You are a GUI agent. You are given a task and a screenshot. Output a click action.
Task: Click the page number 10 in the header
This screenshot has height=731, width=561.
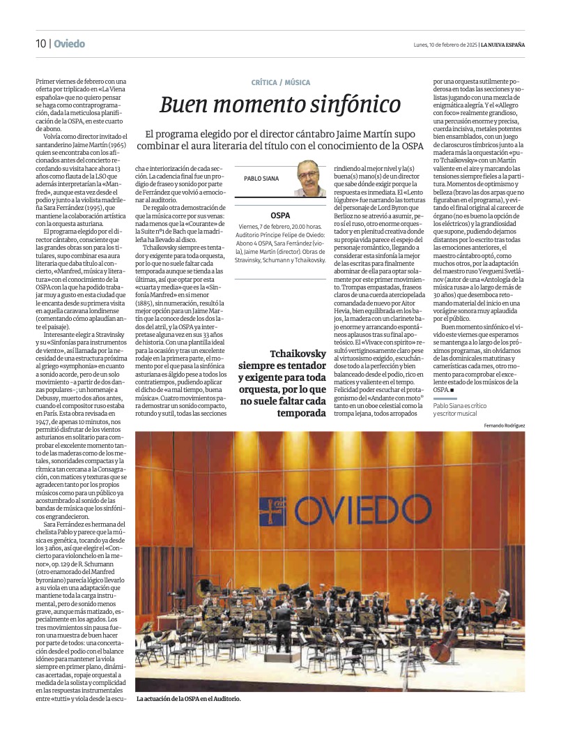click(41, 44)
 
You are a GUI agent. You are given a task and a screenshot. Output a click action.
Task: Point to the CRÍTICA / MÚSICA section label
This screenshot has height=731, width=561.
click(281, 82)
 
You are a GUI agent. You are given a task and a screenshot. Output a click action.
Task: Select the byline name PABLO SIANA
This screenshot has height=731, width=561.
click(261, 179)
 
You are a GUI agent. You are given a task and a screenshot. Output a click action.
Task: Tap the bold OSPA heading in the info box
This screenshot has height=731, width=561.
click(280, 216)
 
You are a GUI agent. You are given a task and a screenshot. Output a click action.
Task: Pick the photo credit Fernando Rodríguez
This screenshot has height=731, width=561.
click(505, 425)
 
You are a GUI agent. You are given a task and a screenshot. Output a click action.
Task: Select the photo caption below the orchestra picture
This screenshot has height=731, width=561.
click(188, 698)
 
